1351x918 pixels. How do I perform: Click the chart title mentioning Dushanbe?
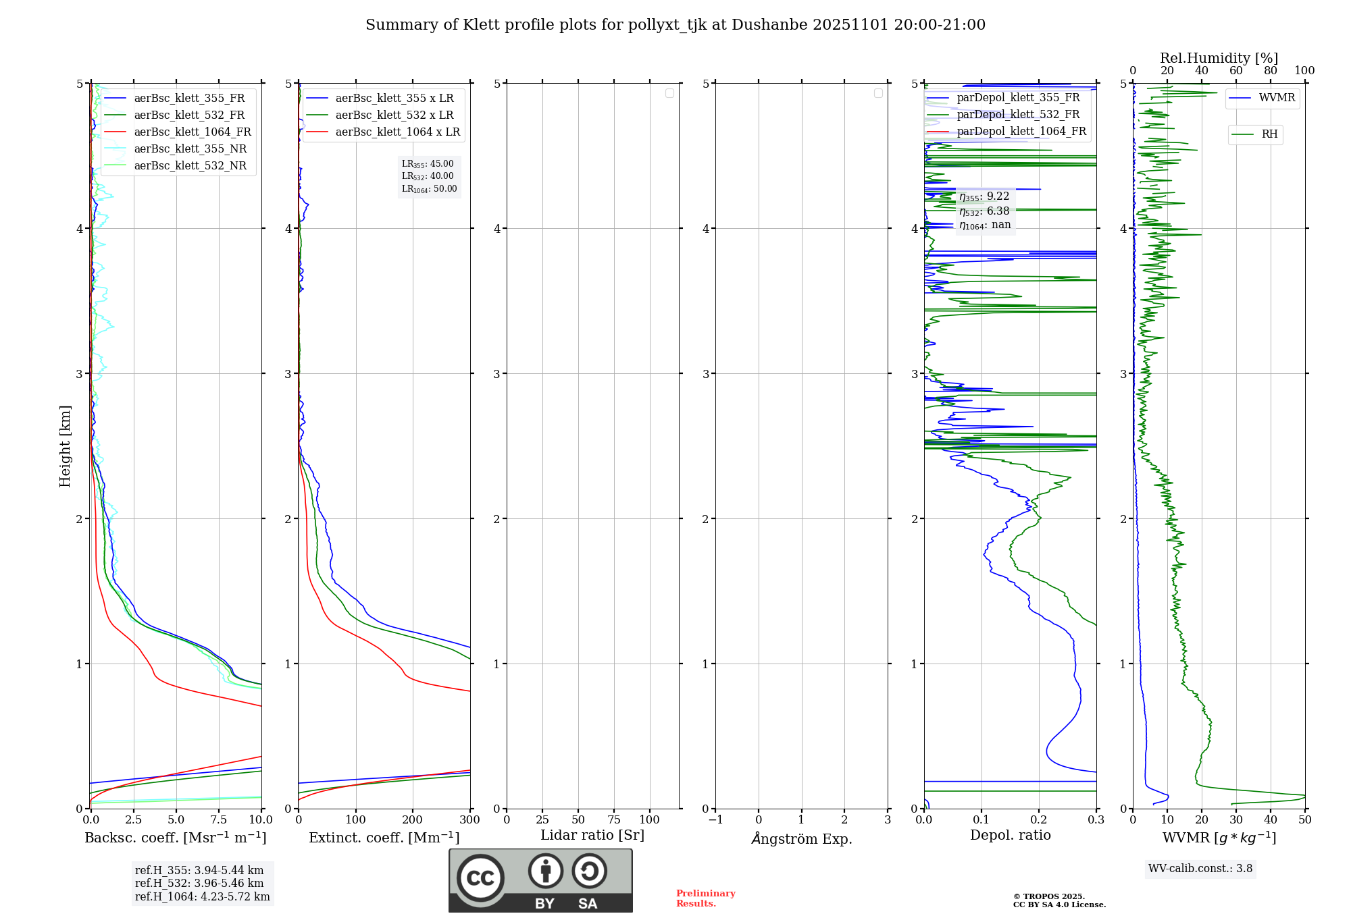[675, 25]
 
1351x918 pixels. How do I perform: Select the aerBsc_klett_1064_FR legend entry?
[192, 132]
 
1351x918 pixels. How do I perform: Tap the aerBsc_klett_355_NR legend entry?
[190, 149]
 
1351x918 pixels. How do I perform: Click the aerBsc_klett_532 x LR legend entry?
[394, 115]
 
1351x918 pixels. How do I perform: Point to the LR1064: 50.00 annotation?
[430, 189]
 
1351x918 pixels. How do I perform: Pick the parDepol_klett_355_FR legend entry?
[1018, 98]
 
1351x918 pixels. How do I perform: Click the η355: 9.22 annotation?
[984, 196]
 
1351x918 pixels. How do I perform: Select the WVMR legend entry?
[1277, 98]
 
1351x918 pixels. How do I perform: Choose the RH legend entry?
[1269, 134]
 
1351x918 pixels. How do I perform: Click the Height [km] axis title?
[65, 446]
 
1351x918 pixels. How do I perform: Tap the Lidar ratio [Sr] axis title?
[592, 836]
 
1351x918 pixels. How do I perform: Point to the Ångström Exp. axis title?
[802, 839]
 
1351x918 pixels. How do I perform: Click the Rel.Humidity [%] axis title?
[1219, 58]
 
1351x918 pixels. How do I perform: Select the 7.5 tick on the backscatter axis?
[218, 820]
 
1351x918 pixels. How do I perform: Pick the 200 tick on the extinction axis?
[413, 820]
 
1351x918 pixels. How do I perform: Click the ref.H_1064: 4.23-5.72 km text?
[202, 897]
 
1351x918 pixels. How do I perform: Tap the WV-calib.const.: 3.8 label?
[1200, 869]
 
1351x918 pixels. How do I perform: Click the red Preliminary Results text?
[705, 898]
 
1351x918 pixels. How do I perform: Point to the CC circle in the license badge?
[480, 878]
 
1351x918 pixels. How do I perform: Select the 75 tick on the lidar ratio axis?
[613, 820]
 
